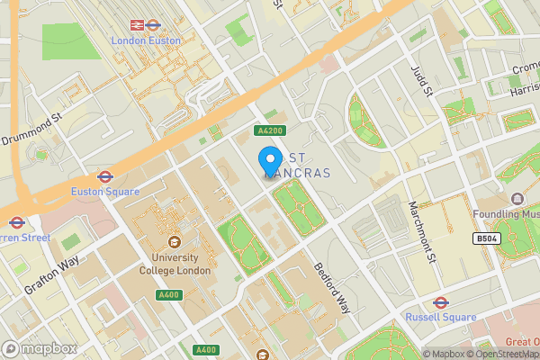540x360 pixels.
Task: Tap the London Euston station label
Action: click(145, 41)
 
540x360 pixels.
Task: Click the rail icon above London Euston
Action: click(139, 25)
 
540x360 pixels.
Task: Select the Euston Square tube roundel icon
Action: click(104, 177)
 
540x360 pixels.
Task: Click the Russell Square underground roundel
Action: click(441, 302)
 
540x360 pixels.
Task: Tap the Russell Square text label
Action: click(439, 317)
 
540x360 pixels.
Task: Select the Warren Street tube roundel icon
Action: click(16, 222)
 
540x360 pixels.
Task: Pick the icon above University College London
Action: click(173, 242)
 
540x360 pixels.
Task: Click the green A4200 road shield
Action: click(270, 131)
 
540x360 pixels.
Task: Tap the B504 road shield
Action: click(487, 238)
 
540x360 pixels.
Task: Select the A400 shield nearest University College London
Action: click(168, 295)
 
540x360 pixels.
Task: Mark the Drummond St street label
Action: click(31, 129)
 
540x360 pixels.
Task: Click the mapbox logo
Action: click(39, 348)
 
